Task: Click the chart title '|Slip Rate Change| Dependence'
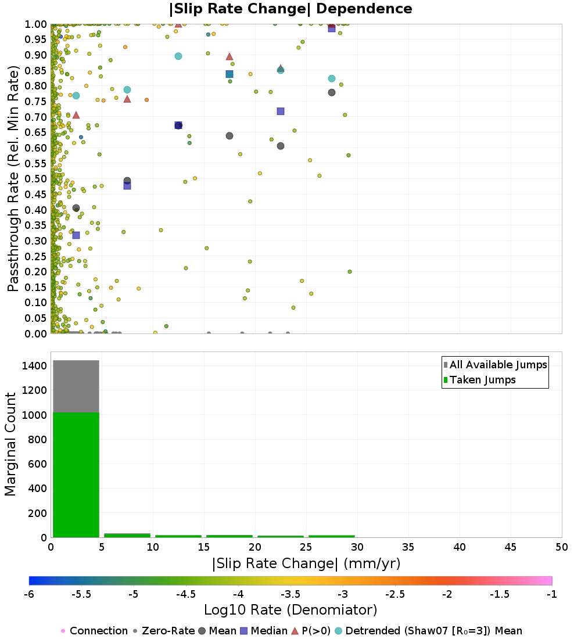(x=290, y=9)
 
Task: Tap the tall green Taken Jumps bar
(x=76, y=475)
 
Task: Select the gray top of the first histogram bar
(x=76, y=386)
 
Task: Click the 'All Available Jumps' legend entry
(x=496, y=365)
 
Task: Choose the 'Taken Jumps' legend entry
(x=480, y=380)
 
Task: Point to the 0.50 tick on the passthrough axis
(x=35, y=179)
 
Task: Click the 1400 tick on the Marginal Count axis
(x=35, y=366)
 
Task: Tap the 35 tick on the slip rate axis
(x=408, y=547)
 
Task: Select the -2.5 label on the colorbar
(x=395, y=594)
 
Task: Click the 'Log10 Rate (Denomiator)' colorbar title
(x=290, y=609)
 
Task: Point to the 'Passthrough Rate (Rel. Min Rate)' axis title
(x=13, y=178)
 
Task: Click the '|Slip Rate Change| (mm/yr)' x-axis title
(x=306, y=563)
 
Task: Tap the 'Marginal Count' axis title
(x=10, y=444)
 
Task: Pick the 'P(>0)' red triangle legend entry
(x=311, y=631)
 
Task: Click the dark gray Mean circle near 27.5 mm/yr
(x=332, y=92)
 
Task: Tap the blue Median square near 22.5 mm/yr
(x=281, y=112)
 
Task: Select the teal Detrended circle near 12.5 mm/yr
(x=178, y=56)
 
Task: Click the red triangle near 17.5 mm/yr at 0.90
(x=229, y=57)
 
